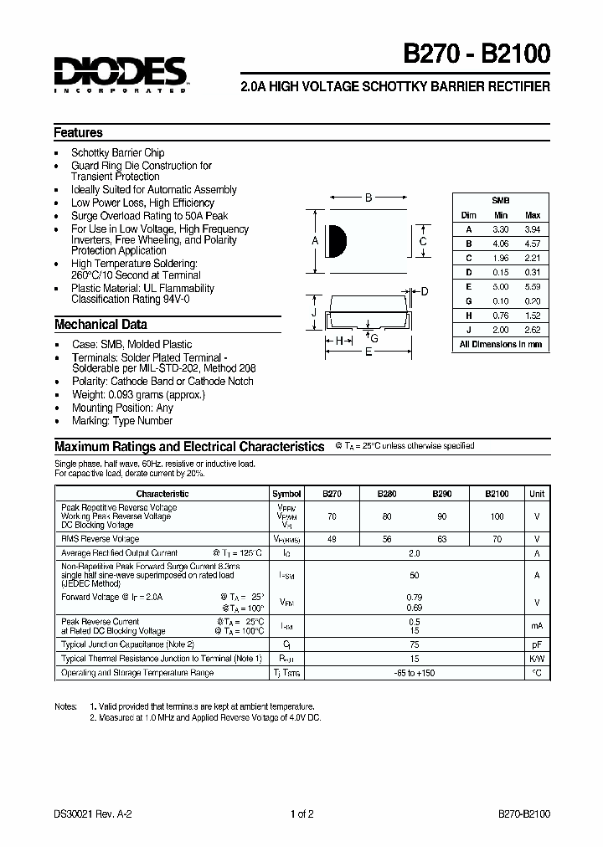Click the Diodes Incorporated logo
click(121, 74)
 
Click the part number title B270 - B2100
click(477, 54)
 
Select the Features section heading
click(79, 133)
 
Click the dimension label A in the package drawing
click(316, 241)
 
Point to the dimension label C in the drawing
click(423, 242)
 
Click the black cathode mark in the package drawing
click(336, 241)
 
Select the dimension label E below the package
click(368, 353)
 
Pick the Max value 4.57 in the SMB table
click(532, 244)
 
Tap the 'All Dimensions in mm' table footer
click(500, 344)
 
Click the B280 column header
click(386, 494)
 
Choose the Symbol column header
click(286, 494)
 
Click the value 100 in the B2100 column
click(497, 516)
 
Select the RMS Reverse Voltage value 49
click(332, 539)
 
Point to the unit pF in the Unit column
click(537, 644)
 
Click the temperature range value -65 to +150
click(414, 673)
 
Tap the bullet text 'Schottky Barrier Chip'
click(117, 152)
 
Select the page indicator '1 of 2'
click(301, 814)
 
